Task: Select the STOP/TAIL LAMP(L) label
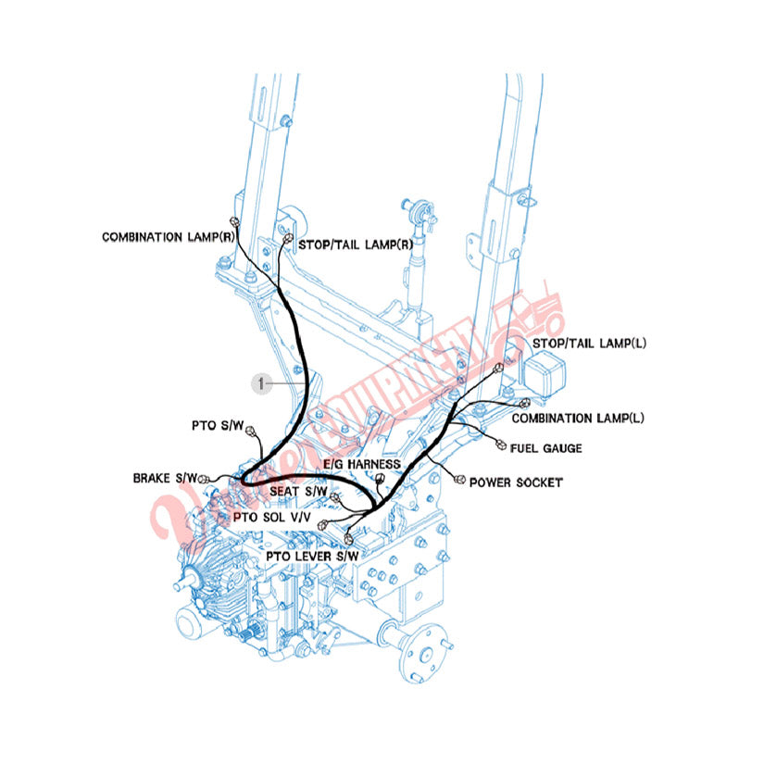pos(589,344)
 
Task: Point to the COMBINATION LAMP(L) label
pos(578,419)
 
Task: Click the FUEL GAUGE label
pos(546,448)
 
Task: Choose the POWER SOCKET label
pos(516,482)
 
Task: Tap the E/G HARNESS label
pos(361,464)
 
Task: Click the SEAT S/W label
pos(299,490)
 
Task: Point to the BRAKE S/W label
pos(165,478)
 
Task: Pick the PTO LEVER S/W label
pos(312,556)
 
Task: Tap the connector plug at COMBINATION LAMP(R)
pos(235,221)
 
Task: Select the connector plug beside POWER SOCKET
pos(460,476)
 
